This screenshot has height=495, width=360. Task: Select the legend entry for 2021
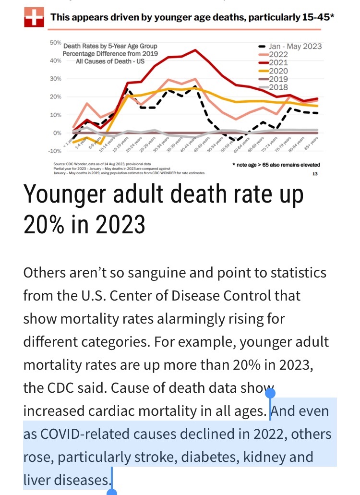pos(278,62)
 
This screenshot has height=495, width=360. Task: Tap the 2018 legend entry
pos(278,87)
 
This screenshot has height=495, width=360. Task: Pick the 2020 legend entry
pos(278,71)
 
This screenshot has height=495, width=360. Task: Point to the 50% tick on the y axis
pos(54,43)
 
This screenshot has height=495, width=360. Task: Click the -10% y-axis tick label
pos(54,151)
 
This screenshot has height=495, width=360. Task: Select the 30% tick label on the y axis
pos(55,79)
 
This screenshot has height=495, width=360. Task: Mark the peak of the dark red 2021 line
pos(195,50)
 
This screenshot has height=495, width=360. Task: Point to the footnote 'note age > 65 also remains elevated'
pos(276,165)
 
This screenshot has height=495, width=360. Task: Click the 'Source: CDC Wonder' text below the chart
pos(72,164)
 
